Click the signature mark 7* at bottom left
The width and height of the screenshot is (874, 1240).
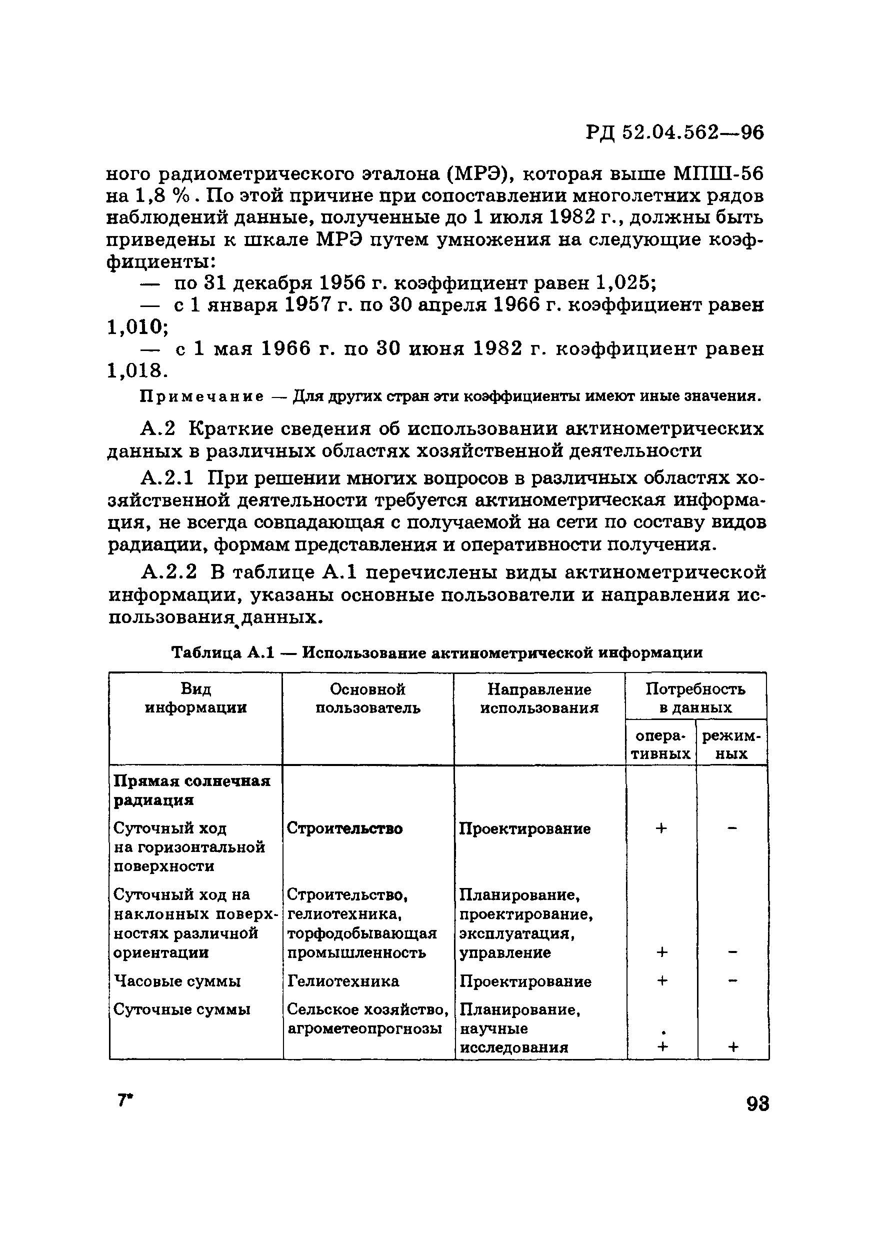125,1100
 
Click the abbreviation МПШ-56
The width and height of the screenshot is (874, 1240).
718,174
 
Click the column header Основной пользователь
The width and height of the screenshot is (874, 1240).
368,698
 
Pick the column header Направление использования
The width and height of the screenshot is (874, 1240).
539,698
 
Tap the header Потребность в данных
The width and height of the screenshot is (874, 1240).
695,698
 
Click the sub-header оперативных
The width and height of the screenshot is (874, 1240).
660,745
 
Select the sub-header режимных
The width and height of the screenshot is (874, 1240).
731,745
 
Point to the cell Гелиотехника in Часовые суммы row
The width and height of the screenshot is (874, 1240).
343,981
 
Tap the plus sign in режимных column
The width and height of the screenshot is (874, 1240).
732,1047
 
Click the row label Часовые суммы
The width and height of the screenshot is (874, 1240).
177,981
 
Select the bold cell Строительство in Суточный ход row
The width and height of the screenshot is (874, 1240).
344,828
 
